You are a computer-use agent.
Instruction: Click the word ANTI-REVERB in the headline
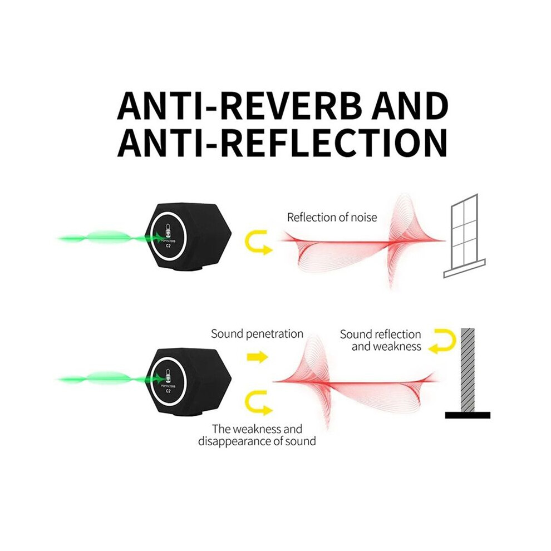239,105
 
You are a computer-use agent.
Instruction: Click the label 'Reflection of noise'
332,218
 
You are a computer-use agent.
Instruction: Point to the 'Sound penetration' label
257,334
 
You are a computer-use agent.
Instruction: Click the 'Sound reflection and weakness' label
381,340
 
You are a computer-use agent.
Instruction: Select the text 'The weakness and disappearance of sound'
257,435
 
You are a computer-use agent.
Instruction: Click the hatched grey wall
468,370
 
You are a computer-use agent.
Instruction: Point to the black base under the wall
468,415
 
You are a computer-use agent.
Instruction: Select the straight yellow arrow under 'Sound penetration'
258,357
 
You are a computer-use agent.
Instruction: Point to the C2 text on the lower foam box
168,390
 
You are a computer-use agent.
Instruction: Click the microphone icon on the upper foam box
168,230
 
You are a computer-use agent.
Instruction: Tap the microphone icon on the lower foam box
168,376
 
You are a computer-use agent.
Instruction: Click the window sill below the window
464,269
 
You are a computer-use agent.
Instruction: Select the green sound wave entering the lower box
110,379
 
